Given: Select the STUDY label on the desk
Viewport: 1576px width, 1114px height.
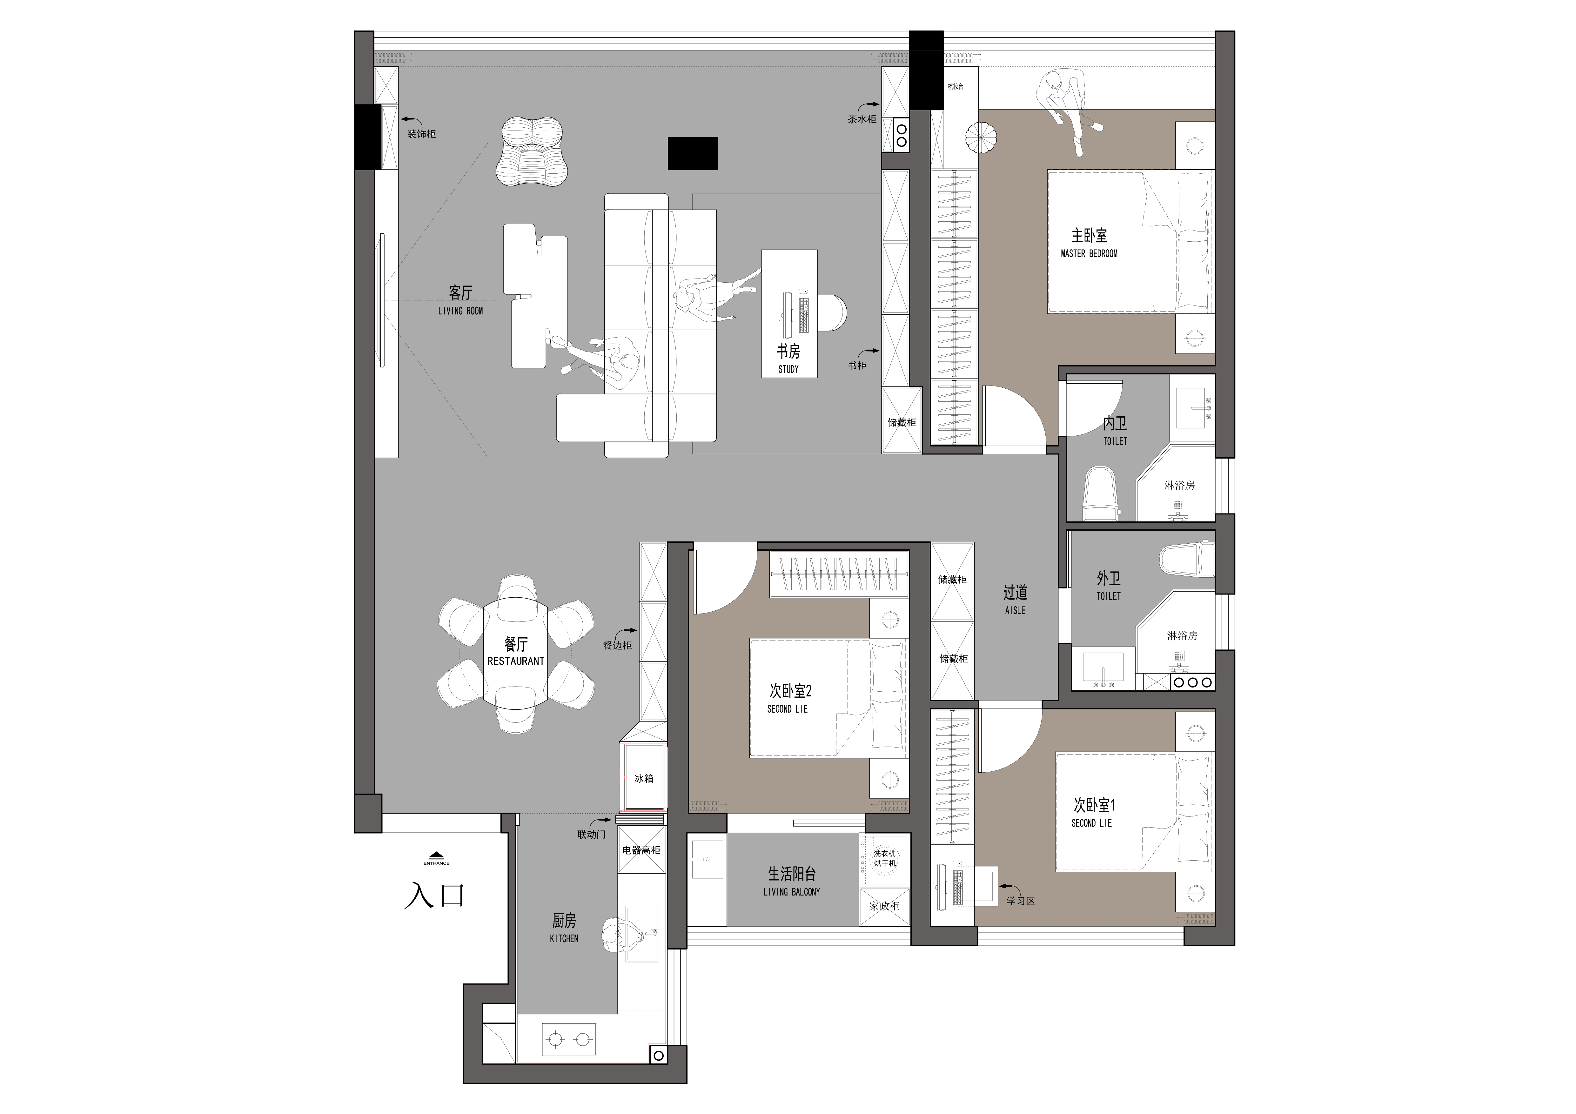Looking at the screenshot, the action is point(788,369).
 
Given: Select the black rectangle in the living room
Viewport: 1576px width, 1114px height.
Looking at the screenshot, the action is point(693,153).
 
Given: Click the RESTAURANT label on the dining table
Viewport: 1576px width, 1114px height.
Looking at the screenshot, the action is point(515,661).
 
